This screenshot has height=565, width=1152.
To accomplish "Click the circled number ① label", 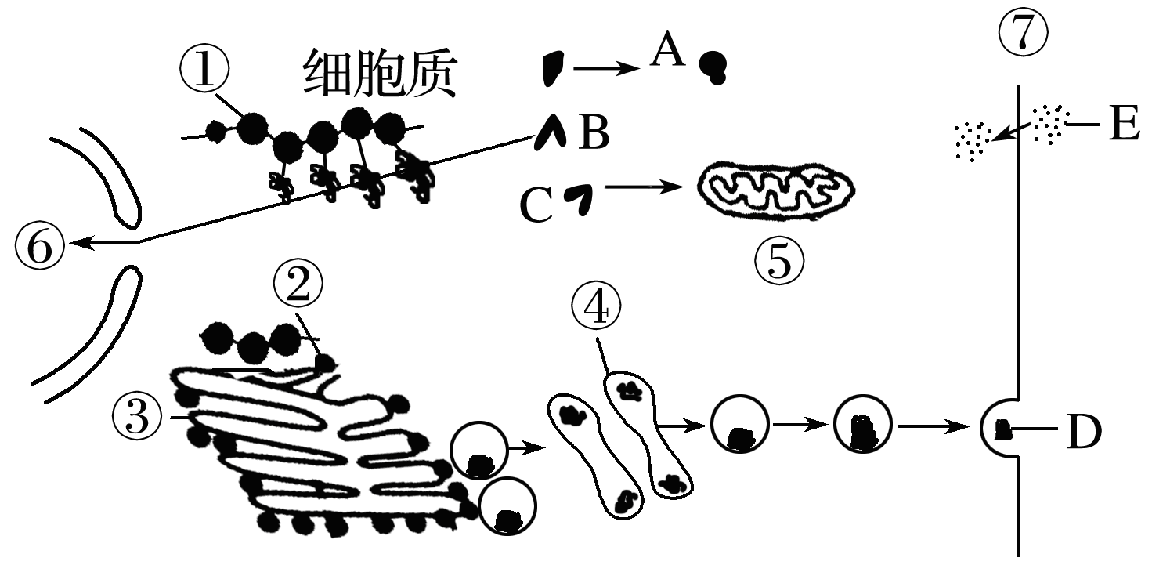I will pos(203,72).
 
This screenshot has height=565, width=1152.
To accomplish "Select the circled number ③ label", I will pos(138,415).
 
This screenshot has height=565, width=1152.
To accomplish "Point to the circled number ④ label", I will pos(596,309).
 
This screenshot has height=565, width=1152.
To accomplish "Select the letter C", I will pos(536,206).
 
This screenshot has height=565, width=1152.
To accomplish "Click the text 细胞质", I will pos(379,75).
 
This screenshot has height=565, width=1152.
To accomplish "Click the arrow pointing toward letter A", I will pos(607,69).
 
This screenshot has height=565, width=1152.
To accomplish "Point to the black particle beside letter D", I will pos(1002,429).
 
